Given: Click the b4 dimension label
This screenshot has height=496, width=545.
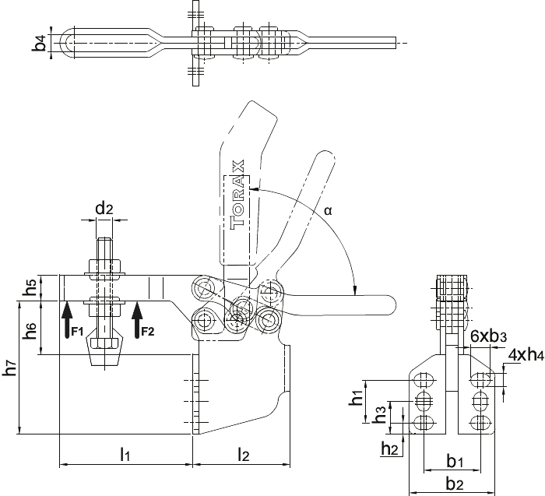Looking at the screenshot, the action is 40,43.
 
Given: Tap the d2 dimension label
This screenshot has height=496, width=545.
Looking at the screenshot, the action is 104,209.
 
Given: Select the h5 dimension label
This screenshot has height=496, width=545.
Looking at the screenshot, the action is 30,287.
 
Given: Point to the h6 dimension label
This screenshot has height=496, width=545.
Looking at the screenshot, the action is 30,331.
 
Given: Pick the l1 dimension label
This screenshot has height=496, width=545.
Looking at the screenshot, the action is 125,454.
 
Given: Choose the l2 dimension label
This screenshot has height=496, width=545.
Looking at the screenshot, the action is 244,454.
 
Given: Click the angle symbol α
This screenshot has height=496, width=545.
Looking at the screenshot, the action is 328,210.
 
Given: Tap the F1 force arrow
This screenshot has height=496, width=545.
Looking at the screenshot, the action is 68,320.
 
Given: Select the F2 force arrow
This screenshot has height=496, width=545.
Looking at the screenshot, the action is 138,320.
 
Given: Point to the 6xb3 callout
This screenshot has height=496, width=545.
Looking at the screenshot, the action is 488,336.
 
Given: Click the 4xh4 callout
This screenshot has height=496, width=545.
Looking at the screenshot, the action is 526,355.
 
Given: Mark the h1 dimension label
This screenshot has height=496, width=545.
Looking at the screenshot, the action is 357,396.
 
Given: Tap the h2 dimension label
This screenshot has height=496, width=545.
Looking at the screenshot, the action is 389,448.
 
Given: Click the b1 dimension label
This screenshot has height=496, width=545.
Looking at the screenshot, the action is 455,462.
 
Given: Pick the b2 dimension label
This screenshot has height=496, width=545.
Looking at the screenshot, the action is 455,484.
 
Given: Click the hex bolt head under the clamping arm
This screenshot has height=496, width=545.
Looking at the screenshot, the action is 104,343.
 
